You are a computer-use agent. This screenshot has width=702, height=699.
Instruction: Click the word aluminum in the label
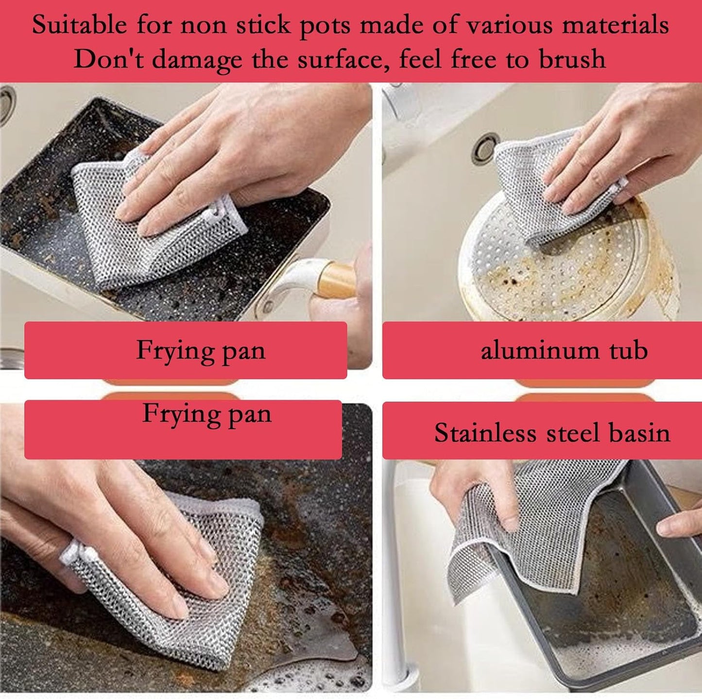(540, 350)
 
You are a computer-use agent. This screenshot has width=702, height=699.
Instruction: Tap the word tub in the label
(629, 350)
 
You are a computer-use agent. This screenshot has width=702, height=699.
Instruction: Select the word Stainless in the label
(484, 433)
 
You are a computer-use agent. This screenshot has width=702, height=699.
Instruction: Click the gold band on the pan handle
(336, 281)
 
